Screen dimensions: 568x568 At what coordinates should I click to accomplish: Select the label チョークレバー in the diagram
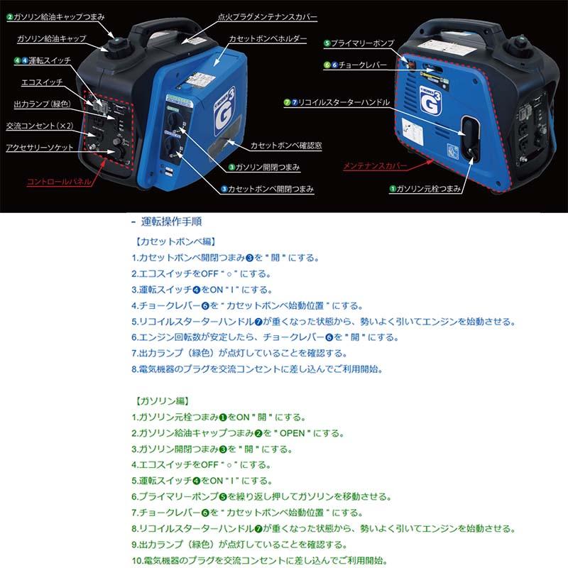[x=362, y=64]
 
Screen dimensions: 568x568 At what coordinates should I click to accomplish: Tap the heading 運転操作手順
[x=171, y=222]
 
